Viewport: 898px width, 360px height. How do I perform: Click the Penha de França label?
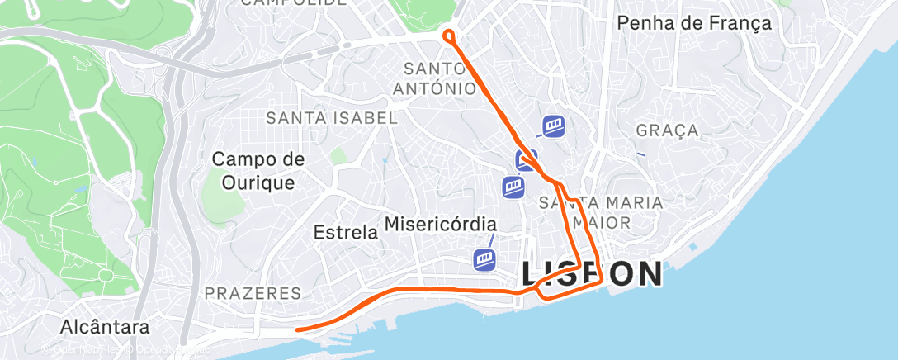point(694,23)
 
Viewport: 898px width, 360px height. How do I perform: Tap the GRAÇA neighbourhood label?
point(668,130)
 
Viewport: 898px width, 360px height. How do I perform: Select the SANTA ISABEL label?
point(332,118)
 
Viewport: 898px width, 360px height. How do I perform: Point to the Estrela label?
point(346,233)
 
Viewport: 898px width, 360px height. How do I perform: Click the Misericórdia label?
point(441,224)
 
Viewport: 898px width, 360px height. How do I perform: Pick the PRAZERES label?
point(253,293)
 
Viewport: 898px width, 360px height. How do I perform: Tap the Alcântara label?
point(106,328)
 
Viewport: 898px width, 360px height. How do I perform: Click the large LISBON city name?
point(591,274)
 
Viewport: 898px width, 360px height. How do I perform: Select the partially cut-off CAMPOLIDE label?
point(293,3)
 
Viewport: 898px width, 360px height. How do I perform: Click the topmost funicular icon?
point(554,126)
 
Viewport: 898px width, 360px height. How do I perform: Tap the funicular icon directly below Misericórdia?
point(485,259)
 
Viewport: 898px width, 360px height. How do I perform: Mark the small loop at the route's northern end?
point(449,36)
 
